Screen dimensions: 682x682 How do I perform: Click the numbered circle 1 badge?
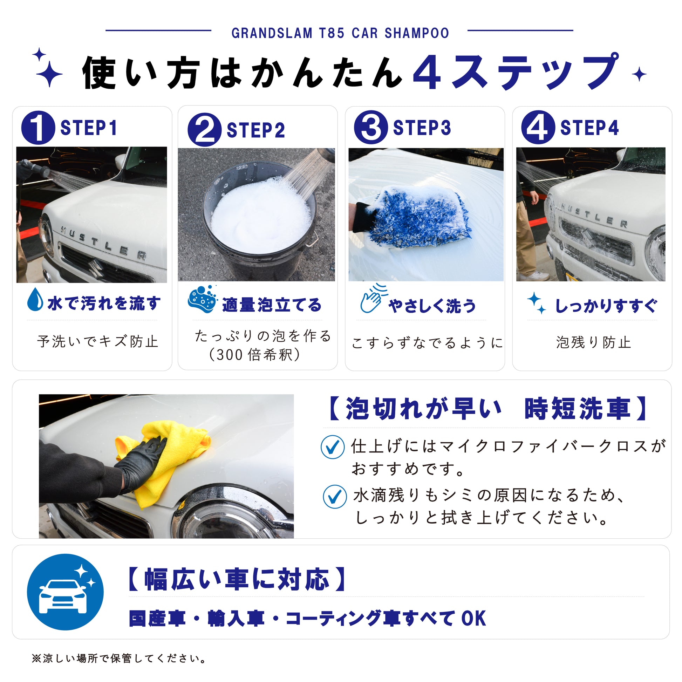click(38, 128)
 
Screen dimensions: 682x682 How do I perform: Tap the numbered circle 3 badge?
click(371, 127)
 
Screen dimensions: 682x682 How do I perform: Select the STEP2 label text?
click(255, 130)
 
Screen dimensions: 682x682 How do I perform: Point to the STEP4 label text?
click(589, 128)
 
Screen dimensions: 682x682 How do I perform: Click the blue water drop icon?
click(35, 299)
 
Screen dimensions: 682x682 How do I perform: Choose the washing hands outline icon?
click(374, 299)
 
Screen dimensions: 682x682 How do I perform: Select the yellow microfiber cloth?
click(164, 461)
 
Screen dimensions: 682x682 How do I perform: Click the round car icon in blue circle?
click(65, 592)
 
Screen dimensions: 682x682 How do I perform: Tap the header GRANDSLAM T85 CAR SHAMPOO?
click(340, 33)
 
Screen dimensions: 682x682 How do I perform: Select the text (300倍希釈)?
click(255, 355)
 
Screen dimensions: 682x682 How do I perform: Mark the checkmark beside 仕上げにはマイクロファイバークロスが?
click(333, 447)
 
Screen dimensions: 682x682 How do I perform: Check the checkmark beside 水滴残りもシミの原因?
click(335, 496)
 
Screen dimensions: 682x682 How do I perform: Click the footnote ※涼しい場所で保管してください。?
click(119, 659)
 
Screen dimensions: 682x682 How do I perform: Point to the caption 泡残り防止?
click(593, 342)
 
